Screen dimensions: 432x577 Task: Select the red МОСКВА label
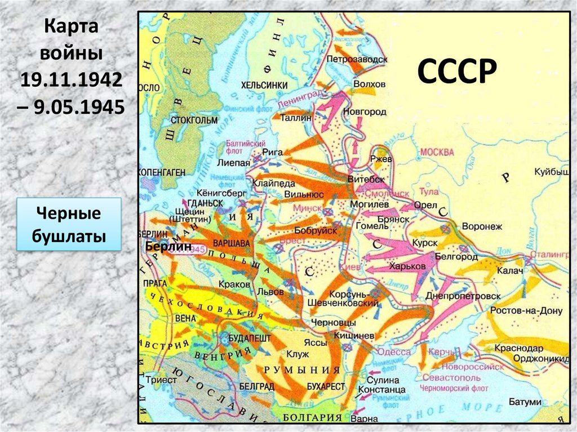click(x=437, y=152)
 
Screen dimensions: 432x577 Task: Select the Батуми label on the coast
click(x=524, y=402)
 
